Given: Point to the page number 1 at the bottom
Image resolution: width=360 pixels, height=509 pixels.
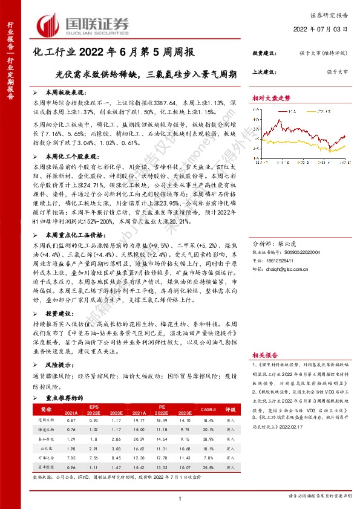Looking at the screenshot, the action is (x=180, y=498).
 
